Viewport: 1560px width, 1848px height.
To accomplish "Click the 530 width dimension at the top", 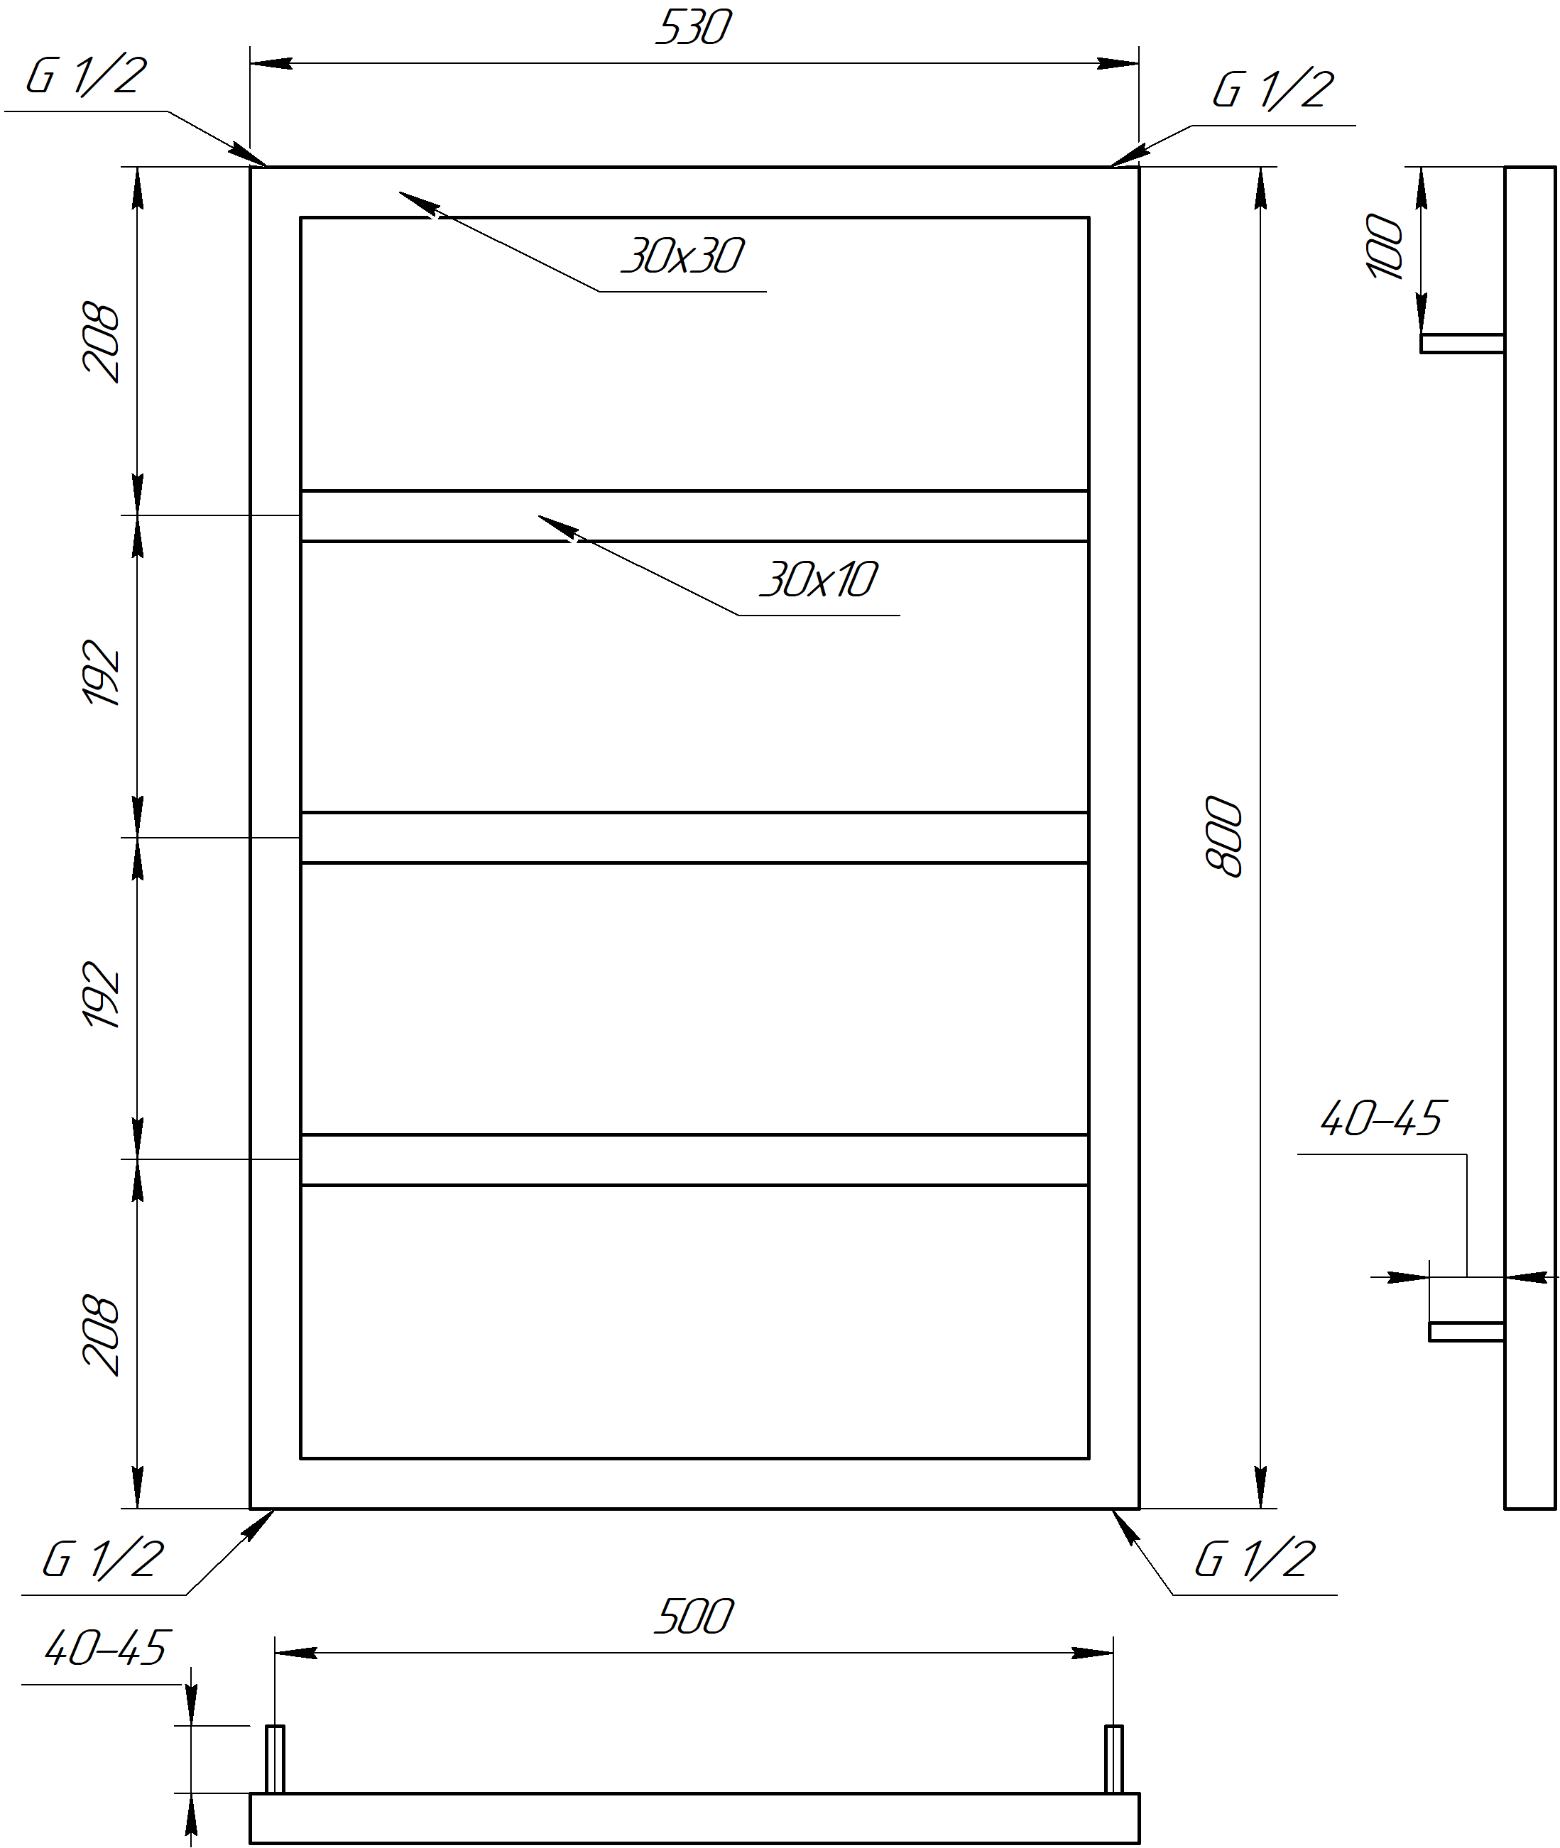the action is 693,28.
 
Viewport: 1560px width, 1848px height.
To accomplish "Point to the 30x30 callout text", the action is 682,256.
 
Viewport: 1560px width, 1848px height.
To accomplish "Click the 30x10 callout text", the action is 819,580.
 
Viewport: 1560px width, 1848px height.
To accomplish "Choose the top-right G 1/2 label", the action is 1272,90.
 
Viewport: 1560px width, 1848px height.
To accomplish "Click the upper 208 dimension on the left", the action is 100,342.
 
